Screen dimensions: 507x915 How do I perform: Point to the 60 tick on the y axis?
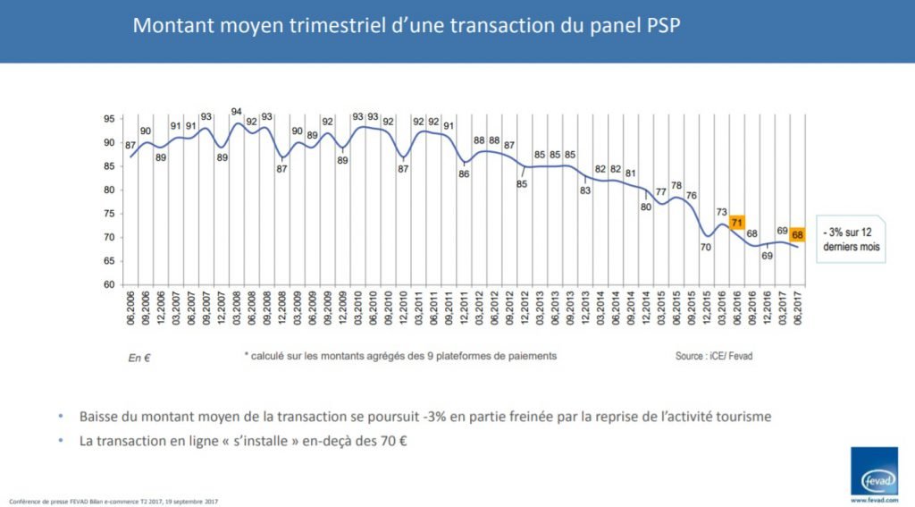106,284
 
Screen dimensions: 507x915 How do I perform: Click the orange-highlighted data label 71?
737,223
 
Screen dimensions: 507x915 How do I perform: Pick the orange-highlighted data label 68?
797,235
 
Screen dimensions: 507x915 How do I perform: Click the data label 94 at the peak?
237,112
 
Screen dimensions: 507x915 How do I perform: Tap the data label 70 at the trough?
705,248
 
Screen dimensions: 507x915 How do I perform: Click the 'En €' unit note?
139,358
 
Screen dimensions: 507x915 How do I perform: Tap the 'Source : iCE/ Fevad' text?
715,355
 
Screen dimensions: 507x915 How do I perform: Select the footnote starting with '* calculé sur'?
400,355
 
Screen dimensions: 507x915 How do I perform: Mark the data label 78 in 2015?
676,185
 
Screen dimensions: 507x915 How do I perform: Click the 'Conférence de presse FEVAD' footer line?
113,501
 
